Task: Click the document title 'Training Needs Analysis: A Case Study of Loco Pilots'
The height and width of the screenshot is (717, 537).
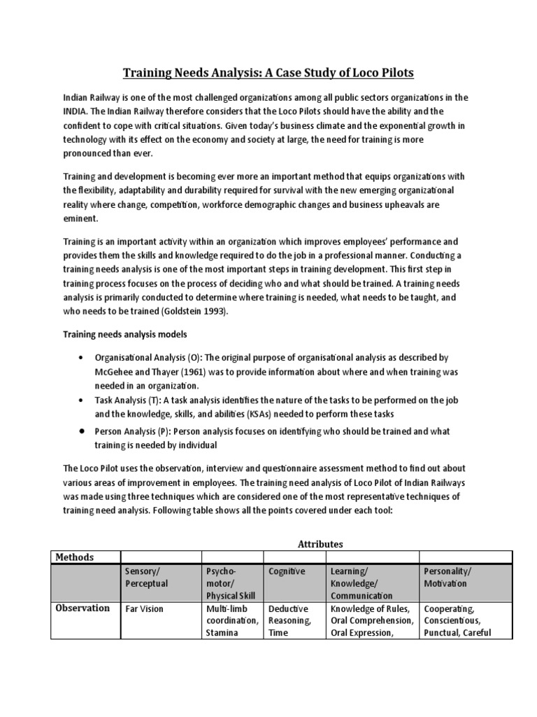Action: (268, 73)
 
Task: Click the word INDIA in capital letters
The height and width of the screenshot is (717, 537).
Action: (76, 111)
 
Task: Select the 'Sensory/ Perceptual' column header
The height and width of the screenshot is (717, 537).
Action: (147, 578)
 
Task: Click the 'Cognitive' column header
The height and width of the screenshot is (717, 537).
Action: (287, 571)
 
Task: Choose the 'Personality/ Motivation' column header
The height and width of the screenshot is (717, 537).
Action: (448, 578)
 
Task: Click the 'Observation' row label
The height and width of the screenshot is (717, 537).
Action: (84, 608)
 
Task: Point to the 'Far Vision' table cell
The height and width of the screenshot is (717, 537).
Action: (144, 608)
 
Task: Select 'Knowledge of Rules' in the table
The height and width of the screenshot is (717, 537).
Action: (369, 608)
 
